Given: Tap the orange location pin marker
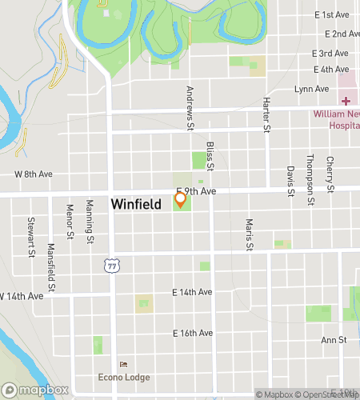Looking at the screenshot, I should (x=181, y=199).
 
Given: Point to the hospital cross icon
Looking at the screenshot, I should (x=346, y=101).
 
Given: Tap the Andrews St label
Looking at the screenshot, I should (x=190, y=109).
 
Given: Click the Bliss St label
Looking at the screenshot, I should (x=210, y=157).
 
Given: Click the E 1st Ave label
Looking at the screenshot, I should (x=337, y=15).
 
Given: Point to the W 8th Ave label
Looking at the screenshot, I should (x=34, y=173).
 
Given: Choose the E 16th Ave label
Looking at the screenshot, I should (x=194, y=333).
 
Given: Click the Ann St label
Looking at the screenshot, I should (x=333, y=340).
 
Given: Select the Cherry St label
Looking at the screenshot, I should (x=330, y=175).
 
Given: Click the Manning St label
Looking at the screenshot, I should (x=90, y=222).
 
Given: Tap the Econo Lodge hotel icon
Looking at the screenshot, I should (x=122, y=366).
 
